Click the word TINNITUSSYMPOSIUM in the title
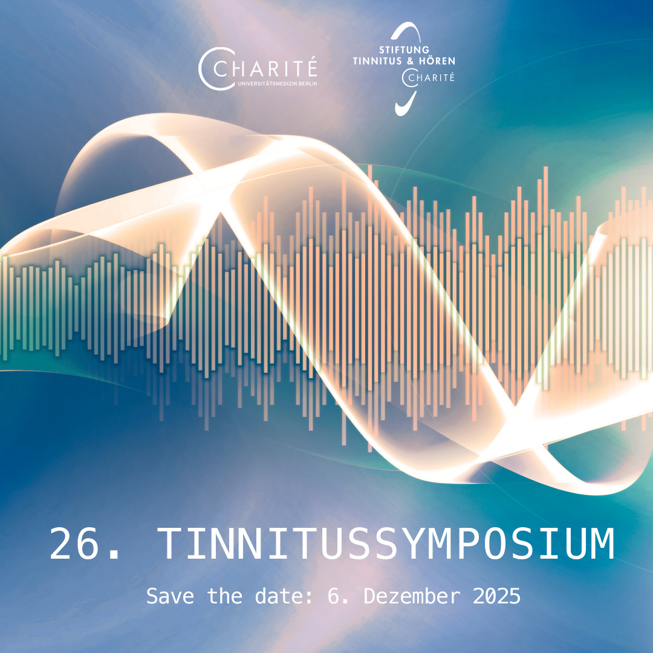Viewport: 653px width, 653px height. click(386, 545)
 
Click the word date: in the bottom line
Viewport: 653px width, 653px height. click(287, 596)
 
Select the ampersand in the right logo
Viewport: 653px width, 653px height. click(411, 61)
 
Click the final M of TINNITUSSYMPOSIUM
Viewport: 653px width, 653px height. click(601, 545)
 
